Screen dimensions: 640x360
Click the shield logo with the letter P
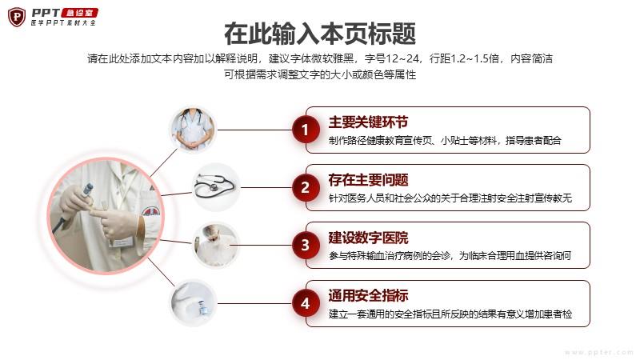point(17,17)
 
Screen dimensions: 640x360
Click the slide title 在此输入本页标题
point(320,34)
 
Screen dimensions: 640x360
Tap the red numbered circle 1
point(305,130)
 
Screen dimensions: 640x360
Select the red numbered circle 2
point(305,187)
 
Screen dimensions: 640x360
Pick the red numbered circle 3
point(305,245)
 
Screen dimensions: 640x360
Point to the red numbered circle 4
point(305,303)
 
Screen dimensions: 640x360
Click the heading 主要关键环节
point(368,122)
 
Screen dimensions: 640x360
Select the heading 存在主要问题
point(368,179)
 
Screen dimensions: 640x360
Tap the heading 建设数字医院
point(368,238)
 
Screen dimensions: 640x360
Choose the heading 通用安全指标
point(368,295)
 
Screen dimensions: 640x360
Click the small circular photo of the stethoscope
point(215,187)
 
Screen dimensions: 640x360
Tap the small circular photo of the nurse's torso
point(192,130)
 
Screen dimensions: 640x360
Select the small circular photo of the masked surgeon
point(215,245)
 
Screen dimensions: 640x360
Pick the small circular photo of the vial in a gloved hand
point(192,303)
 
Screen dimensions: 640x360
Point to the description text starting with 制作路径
point(445,141)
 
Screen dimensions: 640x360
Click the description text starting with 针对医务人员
point(450,198)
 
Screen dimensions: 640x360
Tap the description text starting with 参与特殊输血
point(450,256)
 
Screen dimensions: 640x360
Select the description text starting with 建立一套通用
point(450,314)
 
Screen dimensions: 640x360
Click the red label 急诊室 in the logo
point(79,13)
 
